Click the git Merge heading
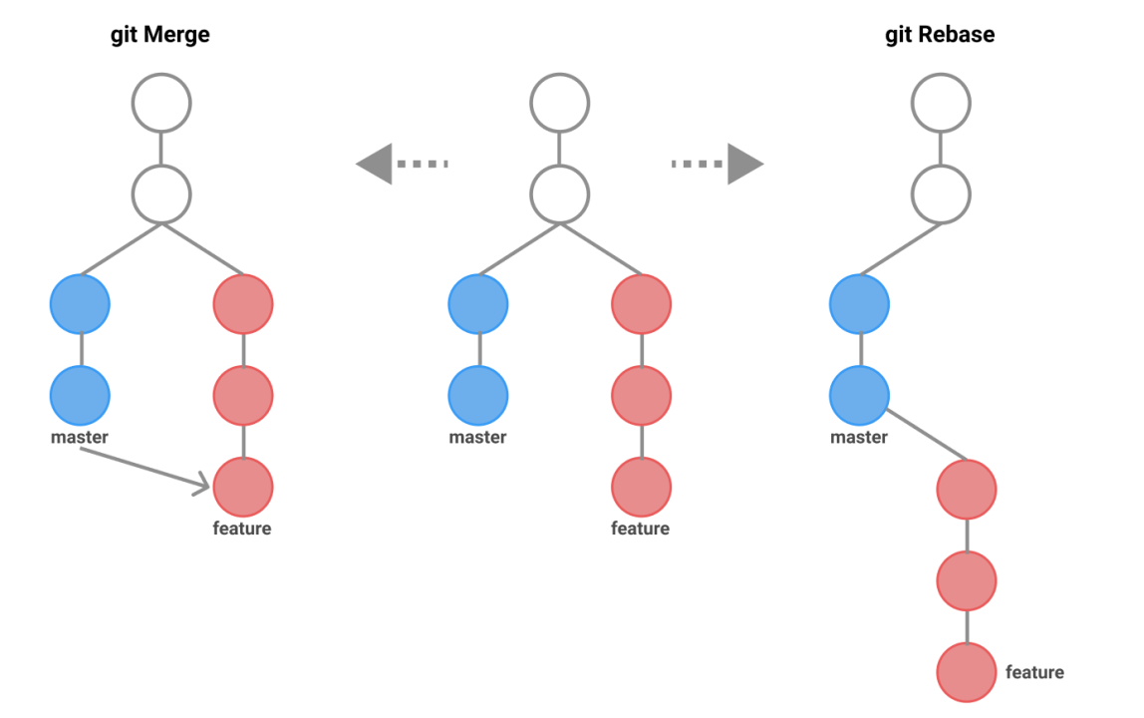pos(159,36)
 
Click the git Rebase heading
pos(940,36)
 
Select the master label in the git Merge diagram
pos(80,437)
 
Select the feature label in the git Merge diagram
pos(242,529)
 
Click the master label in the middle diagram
pos(477,437)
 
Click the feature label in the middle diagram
pos(640,529)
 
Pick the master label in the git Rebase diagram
pos(859,437)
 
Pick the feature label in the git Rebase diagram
pos(1034,672)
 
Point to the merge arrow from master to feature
pos(144,468)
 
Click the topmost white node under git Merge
pos(161,103)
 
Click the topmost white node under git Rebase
pos(942,103)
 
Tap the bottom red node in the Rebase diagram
pos(967,672)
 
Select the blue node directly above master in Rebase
pos(859,395)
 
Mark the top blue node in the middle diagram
pos(478,304)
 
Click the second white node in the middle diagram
pos(560,193)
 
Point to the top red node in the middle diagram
pos(641,304)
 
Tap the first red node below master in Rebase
pos(967,490)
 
